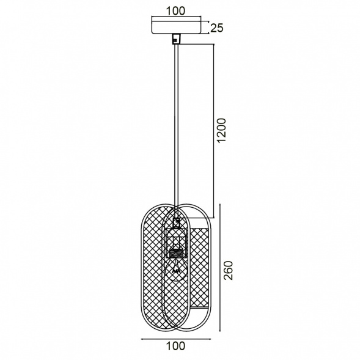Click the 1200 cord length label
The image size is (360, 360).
[221, 130]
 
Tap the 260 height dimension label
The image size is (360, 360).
[228, 270]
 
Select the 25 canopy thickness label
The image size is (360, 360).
[217, 28]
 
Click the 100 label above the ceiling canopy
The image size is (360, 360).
[175, 11]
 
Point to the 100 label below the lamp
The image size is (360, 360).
[175, 346]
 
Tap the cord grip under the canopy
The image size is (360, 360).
[176, 39]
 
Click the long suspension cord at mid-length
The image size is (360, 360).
[176, 125]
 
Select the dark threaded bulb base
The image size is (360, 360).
[176, 253]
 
